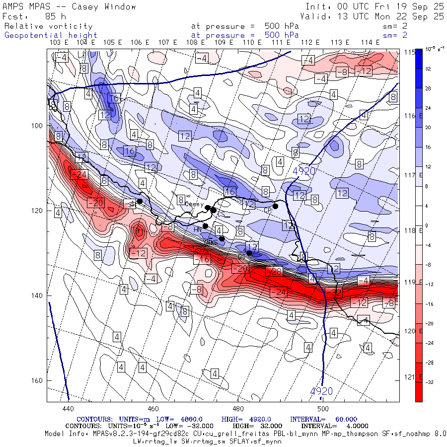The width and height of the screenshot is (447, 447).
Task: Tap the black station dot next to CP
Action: (275, 206)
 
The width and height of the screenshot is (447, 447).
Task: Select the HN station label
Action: (197, 229)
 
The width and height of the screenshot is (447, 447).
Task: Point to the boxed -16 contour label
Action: (202, 259)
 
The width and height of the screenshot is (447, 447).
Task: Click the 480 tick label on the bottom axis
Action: (238, 409)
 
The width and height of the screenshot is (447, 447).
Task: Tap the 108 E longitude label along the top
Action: (195, 43)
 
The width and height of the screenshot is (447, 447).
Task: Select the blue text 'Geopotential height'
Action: (51, 35)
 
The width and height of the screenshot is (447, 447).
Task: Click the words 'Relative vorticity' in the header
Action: (48, 26)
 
